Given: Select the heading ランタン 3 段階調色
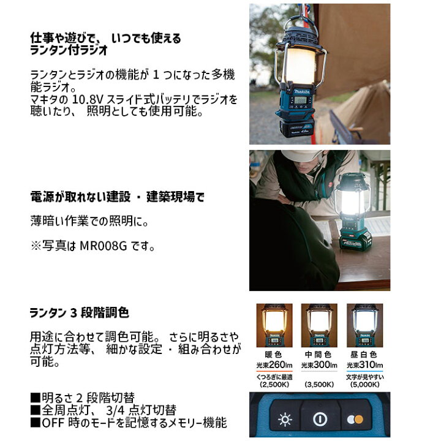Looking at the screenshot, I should pyautogui.click(x=80, y=312).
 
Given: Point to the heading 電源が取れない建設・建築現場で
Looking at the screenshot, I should pyautogui.click(x=117, y=197).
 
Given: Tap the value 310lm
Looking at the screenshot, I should pyautogui.click(x=369, y=366).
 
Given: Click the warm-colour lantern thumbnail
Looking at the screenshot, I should pyautogui.click(x=274, y=325).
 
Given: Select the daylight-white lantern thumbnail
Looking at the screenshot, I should pyautogui.click(x=364, y=325).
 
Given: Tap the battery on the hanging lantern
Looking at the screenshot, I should pyautogui.click(x=300, y=129).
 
